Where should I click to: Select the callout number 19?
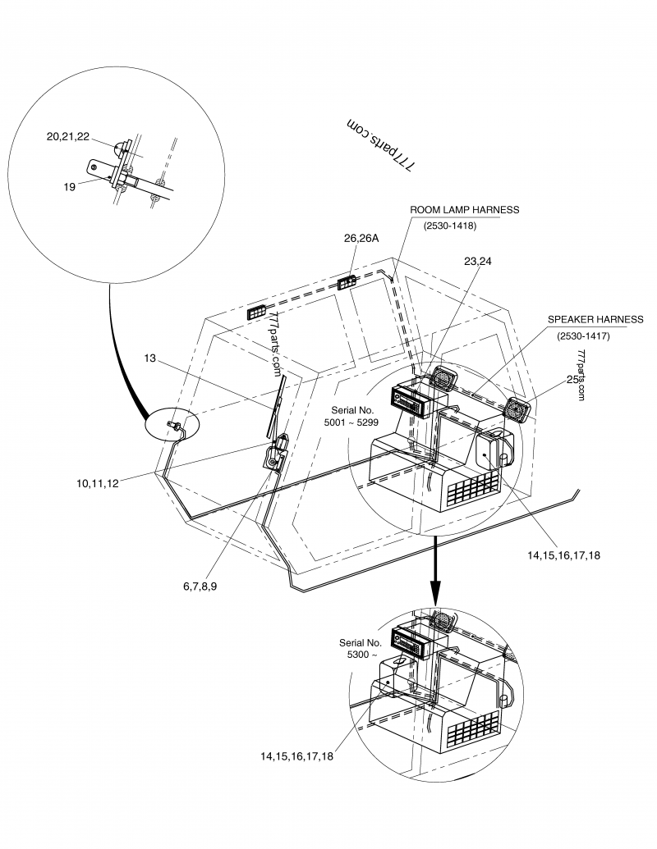(x=69, y=187)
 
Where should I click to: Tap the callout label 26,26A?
(x=361, y=239)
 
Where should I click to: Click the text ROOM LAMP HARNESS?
(x=465, y=210)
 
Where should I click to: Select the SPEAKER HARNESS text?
(x=595, y=319)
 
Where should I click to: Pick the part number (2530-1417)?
(x=583, y=335)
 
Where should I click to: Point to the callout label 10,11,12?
(x=97, y=483)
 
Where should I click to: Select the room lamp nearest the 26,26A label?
(x=347, y=283)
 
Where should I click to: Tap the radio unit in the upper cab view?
(x=413, y=402)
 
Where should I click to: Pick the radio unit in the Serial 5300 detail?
(x=414, y=641)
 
